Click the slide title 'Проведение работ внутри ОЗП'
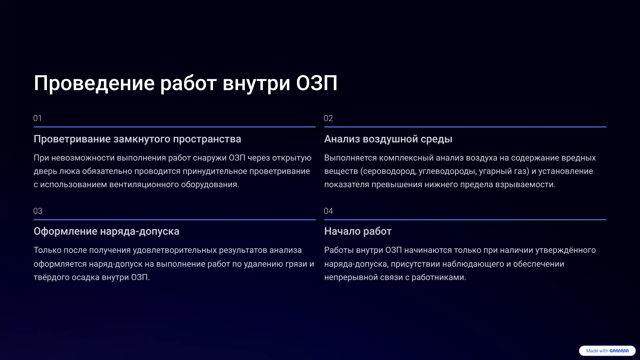tap(186, 83)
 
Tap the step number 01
tap(38, 118)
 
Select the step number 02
tap(328, 118)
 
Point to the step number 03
tap(38, 211)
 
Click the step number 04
tap(328, 211)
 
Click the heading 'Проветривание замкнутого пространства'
tap(137, 139)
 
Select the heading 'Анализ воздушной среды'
tap(388, 139)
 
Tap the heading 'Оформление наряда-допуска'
tap(106, 231)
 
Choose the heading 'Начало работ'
tap(358, 231)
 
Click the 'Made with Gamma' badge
tap(607, 351)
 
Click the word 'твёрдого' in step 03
tap(51, 277)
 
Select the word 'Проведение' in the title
tap(94, 83)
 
